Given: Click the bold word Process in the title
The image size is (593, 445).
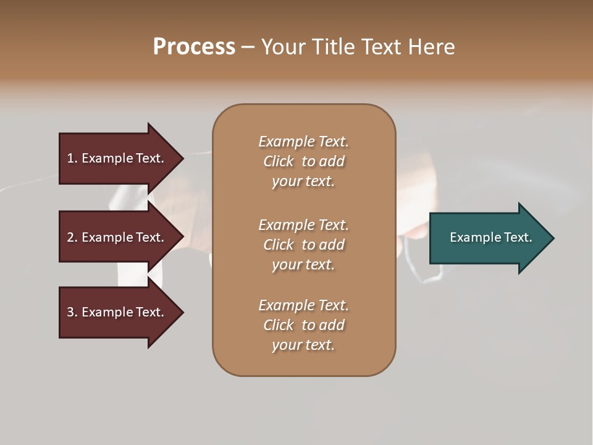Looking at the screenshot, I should (x=194, y=47).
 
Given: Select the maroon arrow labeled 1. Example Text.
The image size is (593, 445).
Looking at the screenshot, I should (x=116, y=158).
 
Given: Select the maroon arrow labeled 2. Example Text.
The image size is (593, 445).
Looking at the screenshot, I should (x=116, y=237).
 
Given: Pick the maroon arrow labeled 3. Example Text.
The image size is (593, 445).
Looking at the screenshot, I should (x=116, y=312).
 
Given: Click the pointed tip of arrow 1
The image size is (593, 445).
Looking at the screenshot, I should (x=181, y=158).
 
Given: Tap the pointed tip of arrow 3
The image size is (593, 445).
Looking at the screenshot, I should (x=181, y=312).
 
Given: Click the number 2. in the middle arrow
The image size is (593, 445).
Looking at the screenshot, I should (x=72, y=237).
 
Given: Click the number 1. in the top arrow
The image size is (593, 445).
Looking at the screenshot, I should (x=72, y=158).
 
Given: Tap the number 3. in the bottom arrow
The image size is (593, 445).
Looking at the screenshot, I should (x=72, y=312).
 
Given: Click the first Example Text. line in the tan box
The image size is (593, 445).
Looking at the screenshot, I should (x=303, y=142).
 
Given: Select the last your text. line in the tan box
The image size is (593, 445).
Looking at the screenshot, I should (x=303, y=345).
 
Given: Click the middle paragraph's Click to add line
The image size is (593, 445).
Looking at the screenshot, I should (x=303, y=245).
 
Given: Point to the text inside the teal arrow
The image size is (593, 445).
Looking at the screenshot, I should (x=490, y=237).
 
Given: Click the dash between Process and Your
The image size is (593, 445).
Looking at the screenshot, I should (x=248, y=47).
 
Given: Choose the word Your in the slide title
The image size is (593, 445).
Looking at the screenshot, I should (x=283, y=47).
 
